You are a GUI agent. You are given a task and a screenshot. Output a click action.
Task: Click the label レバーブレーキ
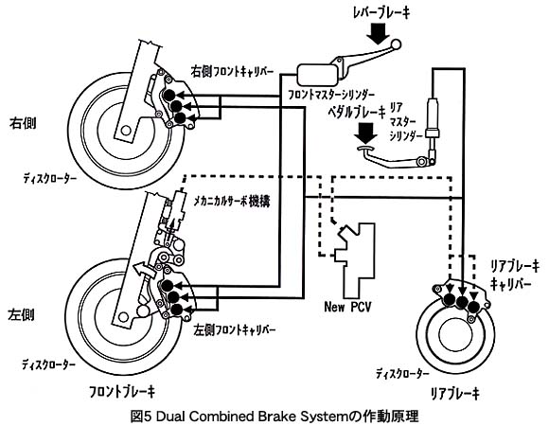(381, 13)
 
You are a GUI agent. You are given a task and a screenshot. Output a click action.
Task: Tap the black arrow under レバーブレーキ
(378, 35)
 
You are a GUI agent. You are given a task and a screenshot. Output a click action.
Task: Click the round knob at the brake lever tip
(397, 44)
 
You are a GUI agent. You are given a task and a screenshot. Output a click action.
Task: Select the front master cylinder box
(317, 75)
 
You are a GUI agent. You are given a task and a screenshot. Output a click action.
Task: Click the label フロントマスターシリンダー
(331, 95)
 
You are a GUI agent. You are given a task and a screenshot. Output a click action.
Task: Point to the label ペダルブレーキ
(356, 113)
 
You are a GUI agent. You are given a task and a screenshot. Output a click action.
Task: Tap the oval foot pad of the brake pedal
(365, 149)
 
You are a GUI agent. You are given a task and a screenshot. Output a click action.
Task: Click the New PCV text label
(347, 307)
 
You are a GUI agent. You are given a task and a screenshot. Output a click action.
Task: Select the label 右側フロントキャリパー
(232, 72)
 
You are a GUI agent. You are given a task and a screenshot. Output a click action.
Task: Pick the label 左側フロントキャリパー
(234, 330)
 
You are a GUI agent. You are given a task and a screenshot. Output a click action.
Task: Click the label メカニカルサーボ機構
(232, 202)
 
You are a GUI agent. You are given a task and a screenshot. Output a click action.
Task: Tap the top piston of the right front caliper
(169, 95)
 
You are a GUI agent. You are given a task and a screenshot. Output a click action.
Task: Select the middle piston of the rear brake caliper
(462, 302)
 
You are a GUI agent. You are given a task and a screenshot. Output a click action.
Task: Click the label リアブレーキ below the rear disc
(454, 394)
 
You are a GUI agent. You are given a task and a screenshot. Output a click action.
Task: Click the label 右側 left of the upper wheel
(23, 123)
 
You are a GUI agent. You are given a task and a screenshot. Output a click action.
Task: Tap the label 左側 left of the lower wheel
(21, 315)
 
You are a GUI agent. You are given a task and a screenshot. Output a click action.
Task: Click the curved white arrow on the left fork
(144, 270)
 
